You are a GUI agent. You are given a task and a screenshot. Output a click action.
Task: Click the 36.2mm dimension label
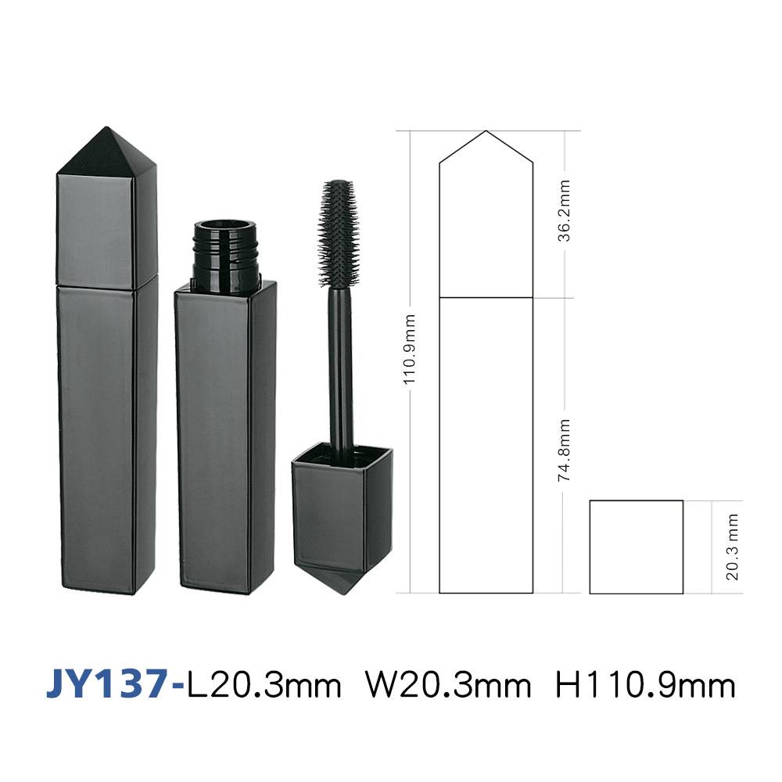coord(564,211)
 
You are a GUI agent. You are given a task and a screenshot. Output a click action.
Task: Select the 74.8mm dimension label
coord(564,450)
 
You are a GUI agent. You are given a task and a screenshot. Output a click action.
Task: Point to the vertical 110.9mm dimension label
coord(410,349)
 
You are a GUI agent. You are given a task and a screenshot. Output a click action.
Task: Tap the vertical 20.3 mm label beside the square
coord(732,547)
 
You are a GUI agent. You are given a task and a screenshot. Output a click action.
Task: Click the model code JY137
coord(107,684)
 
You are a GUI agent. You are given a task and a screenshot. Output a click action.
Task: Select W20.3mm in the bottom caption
coord(448,685)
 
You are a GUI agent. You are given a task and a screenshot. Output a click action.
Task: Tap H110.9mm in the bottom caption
coord(645,685)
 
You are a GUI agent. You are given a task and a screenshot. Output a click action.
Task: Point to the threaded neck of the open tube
coord(225,253)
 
